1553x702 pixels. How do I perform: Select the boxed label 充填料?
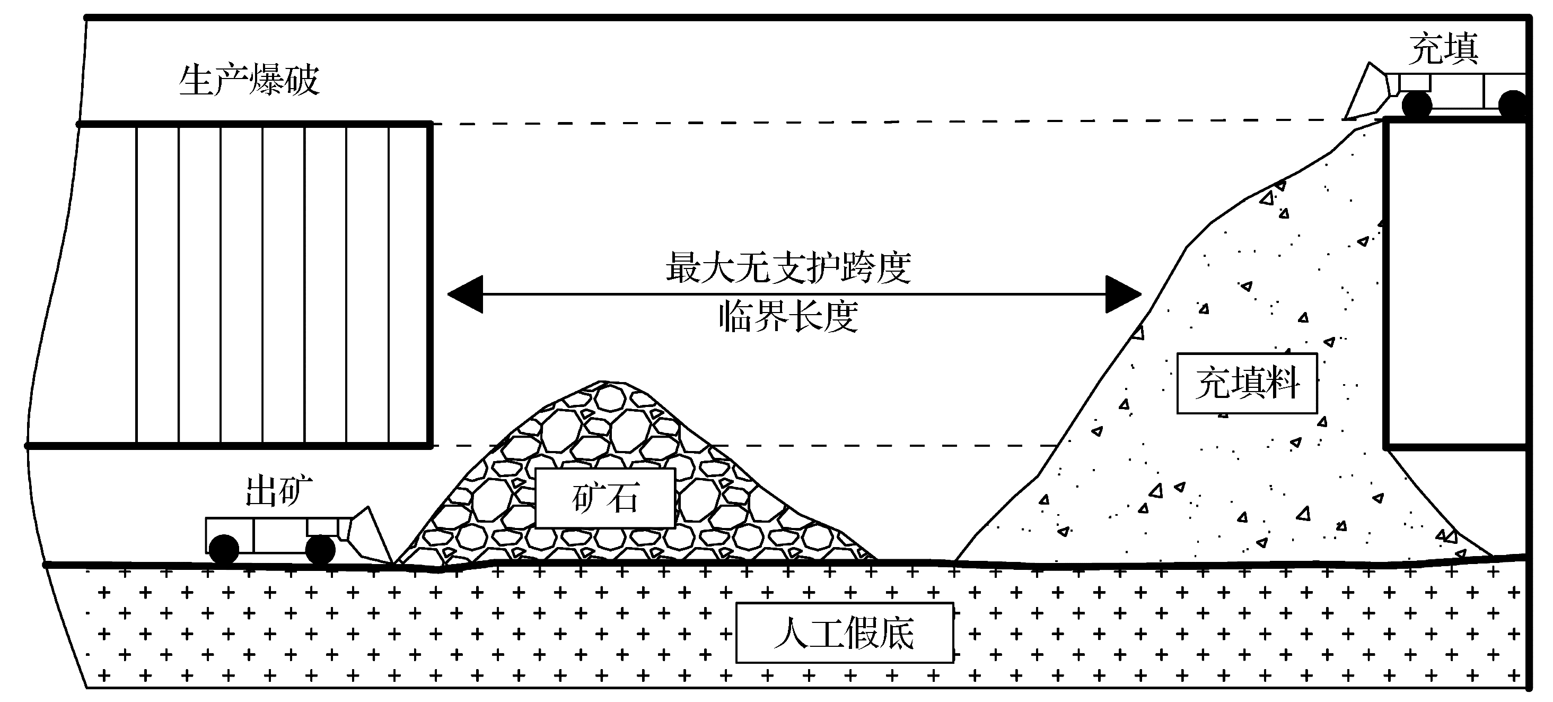click(1247, 384)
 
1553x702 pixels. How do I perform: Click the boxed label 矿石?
click(604, 499)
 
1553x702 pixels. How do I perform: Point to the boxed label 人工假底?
click(844, 632)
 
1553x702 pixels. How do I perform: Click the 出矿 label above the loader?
click(279, 491)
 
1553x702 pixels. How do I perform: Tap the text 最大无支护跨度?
click(788, 268)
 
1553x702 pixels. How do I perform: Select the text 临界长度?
click(788, 316)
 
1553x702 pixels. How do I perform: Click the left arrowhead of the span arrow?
click(466, 294)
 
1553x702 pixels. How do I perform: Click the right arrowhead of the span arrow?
click(1122, 294)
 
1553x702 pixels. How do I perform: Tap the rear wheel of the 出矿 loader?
click(223, 549)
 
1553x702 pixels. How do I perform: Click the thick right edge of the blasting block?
click(430, 284)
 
